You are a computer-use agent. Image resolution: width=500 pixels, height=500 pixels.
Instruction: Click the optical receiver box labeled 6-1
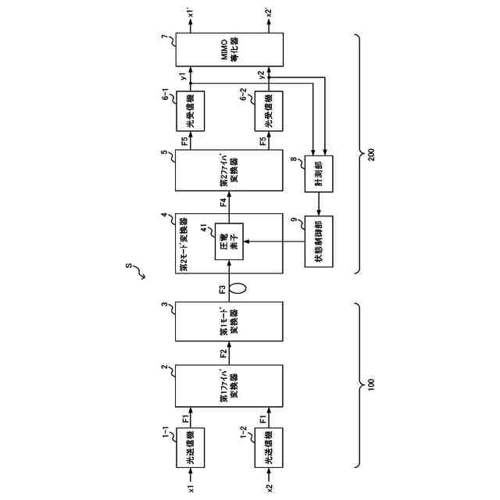(191, 110)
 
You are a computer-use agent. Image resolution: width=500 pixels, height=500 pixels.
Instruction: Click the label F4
(223, 202)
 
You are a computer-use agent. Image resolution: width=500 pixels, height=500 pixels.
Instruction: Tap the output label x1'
(191, 13)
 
